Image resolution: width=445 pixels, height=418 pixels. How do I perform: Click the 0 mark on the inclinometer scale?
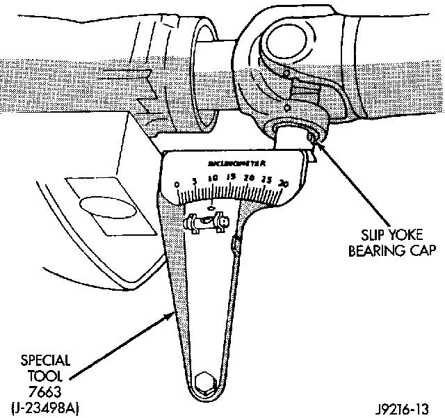[x=177, y=184]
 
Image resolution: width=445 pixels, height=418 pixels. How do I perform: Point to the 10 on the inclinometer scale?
[x=213, y=177]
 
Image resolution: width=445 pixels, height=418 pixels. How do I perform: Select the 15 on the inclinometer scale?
[x=231, y=177]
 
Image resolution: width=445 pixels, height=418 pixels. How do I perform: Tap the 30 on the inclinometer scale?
[x=282, y=184]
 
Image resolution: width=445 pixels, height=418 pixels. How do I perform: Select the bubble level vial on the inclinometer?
[x=207, y=223]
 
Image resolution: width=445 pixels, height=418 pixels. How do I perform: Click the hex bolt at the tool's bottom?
[x=206, y=382]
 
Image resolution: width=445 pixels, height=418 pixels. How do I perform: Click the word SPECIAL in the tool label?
[x=43, y=362]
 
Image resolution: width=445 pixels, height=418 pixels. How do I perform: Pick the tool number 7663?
[x=44, y=392]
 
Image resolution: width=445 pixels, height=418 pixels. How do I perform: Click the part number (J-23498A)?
[x=43, y=408]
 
